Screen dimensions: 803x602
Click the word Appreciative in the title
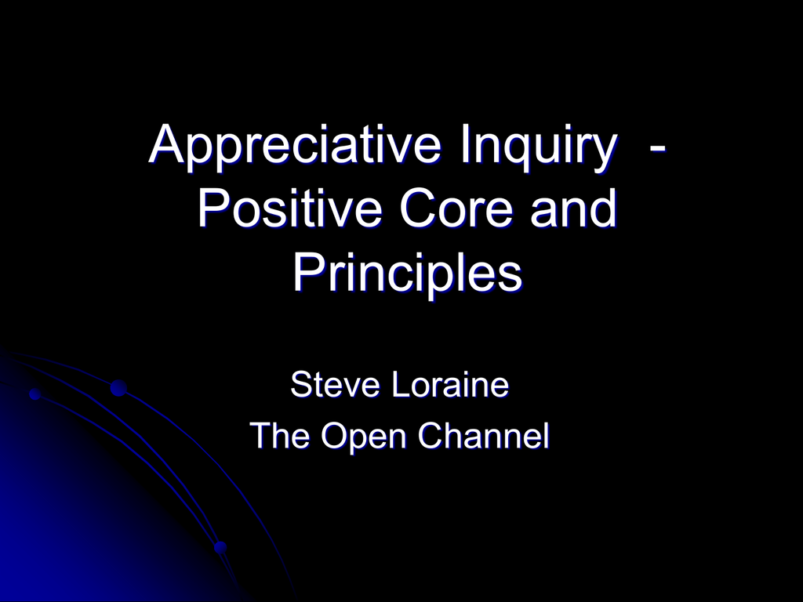295,146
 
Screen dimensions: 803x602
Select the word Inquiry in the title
538,146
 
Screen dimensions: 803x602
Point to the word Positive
290,208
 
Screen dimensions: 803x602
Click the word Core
456,208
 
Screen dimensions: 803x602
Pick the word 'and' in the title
573,208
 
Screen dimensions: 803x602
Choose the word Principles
408,274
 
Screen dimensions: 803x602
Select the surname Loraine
451,384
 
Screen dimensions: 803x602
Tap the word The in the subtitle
281,436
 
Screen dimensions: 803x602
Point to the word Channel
484,436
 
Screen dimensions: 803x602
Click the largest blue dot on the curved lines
118,388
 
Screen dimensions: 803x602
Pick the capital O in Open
334,436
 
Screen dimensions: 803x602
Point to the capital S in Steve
302,384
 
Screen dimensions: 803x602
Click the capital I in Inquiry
464,143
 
